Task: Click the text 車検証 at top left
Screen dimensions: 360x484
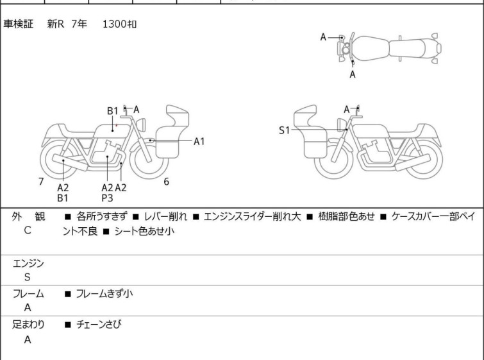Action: click(x=18, y=24)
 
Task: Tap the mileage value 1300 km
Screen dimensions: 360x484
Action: click(x=119, y=24)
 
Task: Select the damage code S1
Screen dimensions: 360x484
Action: click(x=284, y=130)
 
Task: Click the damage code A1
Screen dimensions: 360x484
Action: click(x=199, y=141)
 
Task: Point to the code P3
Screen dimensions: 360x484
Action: click(x=107, y=198)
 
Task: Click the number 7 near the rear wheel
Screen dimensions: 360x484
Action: click(x=41, y=182)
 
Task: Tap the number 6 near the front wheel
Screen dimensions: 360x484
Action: click(x=166, y=182)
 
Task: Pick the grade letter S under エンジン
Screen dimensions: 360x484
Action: click(x=28, y=277)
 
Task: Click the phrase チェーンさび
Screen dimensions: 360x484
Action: click(x=98, y=325)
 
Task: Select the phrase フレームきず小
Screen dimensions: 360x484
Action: click(x=104, y=294)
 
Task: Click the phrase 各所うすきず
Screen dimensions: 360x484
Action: click(x=102, y=217)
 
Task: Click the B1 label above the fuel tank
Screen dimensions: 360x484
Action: click(x=113, y=111)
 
